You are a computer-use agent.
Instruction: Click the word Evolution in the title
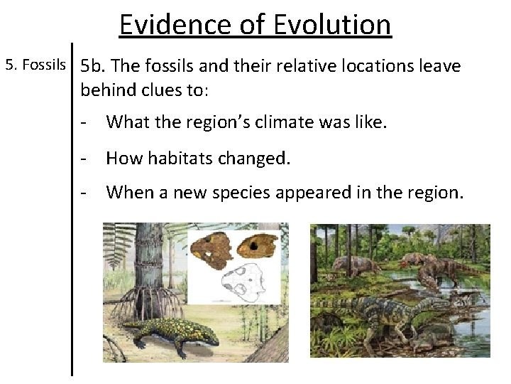click(332, 25)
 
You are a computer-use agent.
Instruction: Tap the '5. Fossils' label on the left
click(35, 66)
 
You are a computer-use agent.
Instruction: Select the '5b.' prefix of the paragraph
click(94, 67)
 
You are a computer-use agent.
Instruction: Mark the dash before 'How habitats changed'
click(84, 158)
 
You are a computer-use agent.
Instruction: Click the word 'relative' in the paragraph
click(290, 67)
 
